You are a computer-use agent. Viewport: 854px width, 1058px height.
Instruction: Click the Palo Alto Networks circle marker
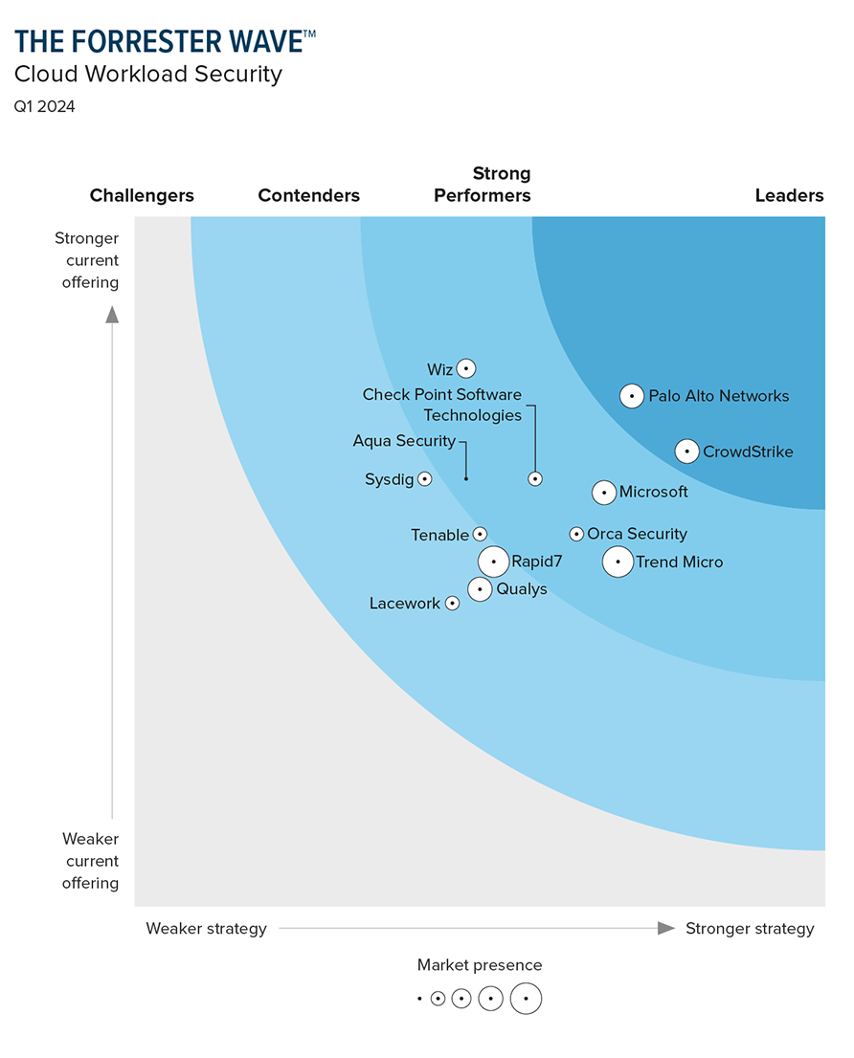click(x=632, y=396)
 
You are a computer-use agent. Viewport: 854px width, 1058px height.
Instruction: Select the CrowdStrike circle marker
click(x=686, y=452)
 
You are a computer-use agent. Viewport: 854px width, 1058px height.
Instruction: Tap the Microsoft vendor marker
click(x=604, y=493)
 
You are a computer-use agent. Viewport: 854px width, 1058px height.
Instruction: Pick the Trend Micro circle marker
click(x=618, y=562)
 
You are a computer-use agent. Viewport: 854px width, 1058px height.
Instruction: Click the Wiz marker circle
click(x=466, y=368)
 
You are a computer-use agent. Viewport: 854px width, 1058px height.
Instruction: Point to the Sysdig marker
click(x=425, y=479)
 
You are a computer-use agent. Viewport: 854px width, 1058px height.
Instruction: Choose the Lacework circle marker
click(x=452, y=604)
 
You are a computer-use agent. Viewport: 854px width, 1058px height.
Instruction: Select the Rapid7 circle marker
click(x=494, y=562)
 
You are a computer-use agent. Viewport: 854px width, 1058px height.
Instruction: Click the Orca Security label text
click(x=637, y=534)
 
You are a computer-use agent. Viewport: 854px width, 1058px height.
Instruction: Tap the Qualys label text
click(x=522, y=589)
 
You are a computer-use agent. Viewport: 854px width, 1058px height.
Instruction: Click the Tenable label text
click(x=439, y=536)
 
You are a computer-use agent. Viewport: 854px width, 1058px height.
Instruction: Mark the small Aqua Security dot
click(x=466, y=478)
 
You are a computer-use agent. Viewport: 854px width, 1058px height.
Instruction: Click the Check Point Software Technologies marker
click(x=535, y=479)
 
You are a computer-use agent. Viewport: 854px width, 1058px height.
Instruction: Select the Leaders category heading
click(x=789, y=196)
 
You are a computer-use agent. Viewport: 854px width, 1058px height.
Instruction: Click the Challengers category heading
click(x=142, y=196)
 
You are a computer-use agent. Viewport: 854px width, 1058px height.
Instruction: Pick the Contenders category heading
click(x=309, y=196)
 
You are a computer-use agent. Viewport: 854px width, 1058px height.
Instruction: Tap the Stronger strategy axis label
click(x=750, y=929)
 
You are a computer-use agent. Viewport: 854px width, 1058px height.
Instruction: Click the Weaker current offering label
click(x=91, y=861)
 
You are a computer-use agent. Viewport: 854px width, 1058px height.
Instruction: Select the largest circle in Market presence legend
click(x=526, y=999)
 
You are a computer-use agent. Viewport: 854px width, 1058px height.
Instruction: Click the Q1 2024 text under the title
click(x=45, y=106)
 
